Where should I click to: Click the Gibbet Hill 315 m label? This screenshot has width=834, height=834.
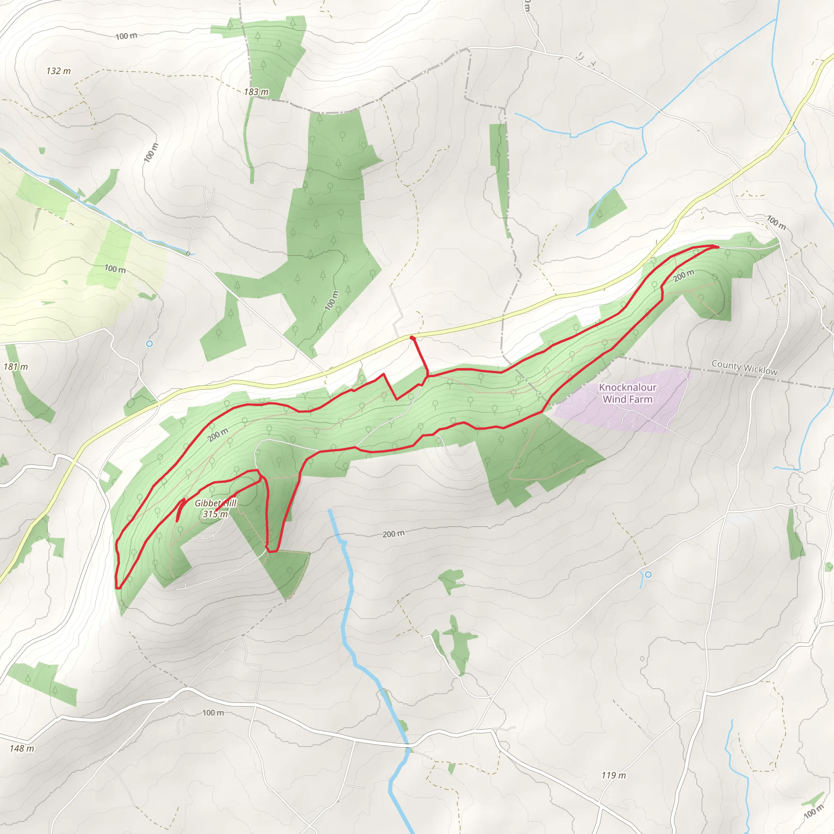pyautogui.click(x=215, y=509)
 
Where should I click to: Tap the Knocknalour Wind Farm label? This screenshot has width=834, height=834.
pyautogui.click(x=627, y=393)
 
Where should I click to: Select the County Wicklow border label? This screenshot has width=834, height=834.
pyautogui.click(x=744, y=367)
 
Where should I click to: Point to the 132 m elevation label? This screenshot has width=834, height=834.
pyautogui.click(x=59, y=71)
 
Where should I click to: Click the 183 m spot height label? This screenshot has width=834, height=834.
pyautogui.click(x=256, y=92)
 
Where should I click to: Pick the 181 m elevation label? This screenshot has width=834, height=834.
pyautogui.click(x=15, y=367)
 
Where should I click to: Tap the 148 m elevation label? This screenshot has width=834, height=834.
pyautogui.click(x=22, y=748)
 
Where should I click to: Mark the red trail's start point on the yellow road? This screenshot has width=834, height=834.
pyautogui.click(x=412, y=337)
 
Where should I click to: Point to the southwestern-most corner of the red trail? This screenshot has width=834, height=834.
pyautogui.click(x=117, y=588)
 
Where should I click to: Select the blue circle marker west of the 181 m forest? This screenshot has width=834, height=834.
pyautogui.click(x=149, y=344)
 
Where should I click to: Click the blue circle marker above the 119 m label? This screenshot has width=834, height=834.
pyautogui.click(x=648, y=575)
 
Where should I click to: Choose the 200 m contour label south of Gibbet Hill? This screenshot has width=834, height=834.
pyautogui.click(x=393, y=534)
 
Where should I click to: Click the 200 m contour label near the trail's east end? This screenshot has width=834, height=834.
pyautogui.click(x=683, y=275)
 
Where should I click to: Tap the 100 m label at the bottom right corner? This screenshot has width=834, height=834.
pyautogui.click(x=813, y=812)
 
